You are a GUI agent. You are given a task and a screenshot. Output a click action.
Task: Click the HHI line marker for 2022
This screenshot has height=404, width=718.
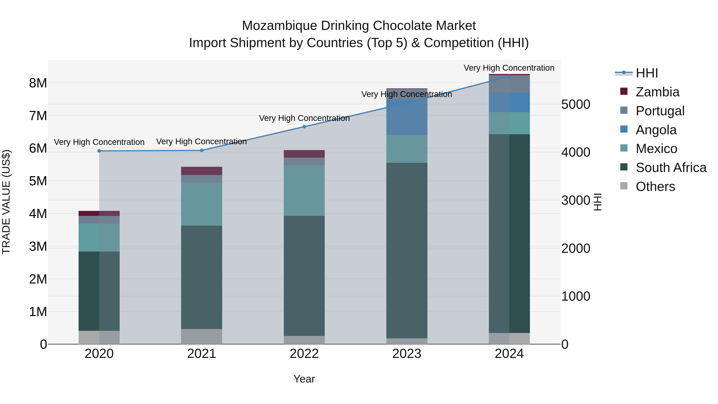(304, 127)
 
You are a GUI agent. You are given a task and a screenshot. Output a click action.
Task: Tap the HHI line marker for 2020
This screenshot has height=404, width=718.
(99, 151)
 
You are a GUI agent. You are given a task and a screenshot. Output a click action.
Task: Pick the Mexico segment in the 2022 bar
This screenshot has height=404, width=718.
(304, 191)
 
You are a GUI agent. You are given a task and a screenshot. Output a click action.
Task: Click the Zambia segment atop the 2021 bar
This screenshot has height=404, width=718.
(201, 171)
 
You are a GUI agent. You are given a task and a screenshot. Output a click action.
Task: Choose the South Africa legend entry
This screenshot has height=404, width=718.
(671, 168)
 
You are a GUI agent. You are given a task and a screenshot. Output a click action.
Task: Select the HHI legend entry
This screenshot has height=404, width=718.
(647, 73)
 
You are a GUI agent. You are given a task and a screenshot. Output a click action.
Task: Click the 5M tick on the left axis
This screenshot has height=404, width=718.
(38, 181)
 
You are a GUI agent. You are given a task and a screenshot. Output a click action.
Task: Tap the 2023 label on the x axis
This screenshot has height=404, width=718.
(407, 354)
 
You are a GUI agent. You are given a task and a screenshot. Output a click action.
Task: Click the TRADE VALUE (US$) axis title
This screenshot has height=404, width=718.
(6, 202)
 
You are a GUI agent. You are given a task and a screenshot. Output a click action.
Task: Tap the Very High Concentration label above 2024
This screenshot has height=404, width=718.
(509, 68)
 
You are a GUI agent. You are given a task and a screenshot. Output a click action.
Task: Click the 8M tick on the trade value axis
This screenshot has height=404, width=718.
(38, 83)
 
